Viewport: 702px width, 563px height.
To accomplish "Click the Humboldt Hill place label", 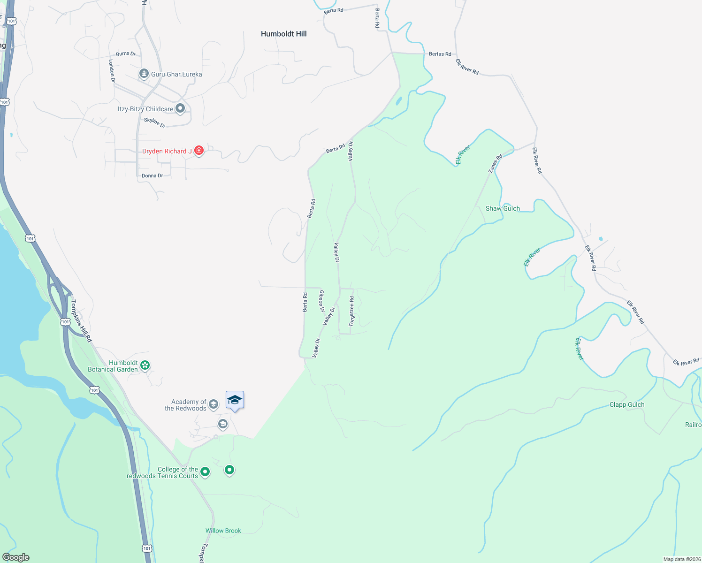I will coord(283,34).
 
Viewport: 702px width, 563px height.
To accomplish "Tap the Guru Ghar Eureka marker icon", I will coord(144,74).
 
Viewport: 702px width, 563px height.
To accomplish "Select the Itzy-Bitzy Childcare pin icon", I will coord(180,109).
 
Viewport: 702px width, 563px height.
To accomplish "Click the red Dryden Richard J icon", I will coord(199,151).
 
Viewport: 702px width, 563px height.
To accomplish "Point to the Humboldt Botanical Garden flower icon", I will coord(145,365).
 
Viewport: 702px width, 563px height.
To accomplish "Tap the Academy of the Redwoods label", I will coord(185,405).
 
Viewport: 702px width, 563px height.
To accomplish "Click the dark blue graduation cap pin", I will coord(235,400).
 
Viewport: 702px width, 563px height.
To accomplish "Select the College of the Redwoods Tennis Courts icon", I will coord(205,472).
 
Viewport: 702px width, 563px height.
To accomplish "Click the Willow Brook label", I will coord(223,531).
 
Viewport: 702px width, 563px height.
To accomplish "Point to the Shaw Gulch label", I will coord(503,208).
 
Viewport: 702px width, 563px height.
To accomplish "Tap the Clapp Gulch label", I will coord(626,404).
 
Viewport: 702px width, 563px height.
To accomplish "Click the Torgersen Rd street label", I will coord(351,311).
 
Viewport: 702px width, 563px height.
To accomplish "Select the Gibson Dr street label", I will coord(322,301).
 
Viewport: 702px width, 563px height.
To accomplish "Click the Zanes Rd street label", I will coord(495,163).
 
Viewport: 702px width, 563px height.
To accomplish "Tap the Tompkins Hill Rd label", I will coord(81,321).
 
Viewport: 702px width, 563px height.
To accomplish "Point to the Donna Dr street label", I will coord(152,175).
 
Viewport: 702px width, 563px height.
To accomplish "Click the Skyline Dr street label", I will coord(154,122).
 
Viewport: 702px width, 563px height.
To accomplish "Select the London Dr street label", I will coord(112,71).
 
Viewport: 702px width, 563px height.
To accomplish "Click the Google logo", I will coord(16,557).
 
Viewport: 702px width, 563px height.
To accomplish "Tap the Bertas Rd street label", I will coord(440,54).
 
